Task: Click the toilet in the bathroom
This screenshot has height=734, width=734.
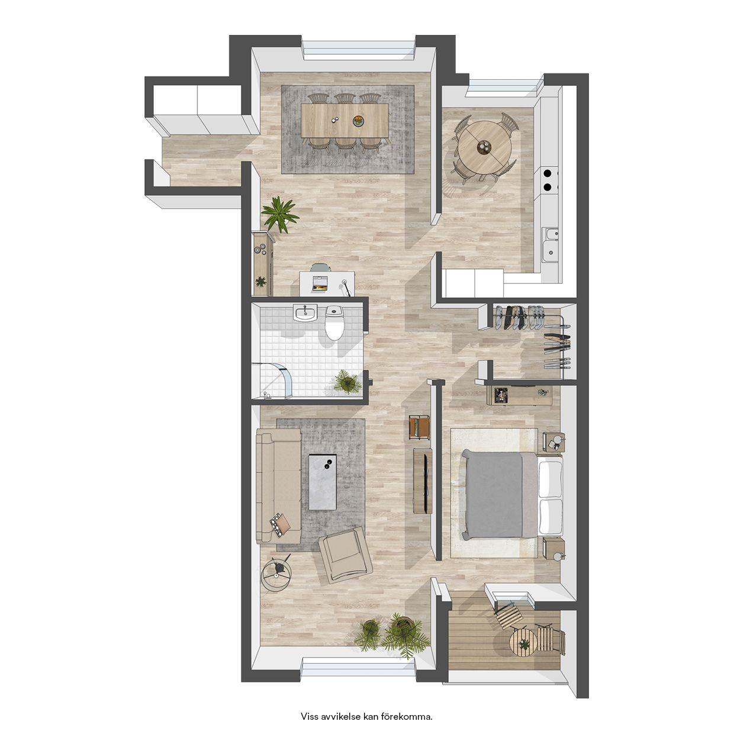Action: pyautogui.click(x=334, y=323)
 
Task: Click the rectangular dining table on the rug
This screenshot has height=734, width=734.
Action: pyautogui.click(x=345, y=120)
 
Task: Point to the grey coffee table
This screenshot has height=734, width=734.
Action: pyautogui.click(x=323, y=482)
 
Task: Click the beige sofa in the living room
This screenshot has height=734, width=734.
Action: pyautogui.click(x=278, y=486)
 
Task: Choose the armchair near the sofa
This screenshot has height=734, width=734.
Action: pyautogui.click(x=345, y=555)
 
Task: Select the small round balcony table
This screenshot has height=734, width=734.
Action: pyautogui.click(x=524, y=642)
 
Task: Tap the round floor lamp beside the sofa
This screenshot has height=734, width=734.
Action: pyautogui.click(x=276, y=575)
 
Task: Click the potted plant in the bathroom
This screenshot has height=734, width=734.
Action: pyautogui.click(x=347, y=382)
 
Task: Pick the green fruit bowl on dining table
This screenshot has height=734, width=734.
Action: pyautogui.click(x=359, y=121)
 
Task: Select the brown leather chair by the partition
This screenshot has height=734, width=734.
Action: pyautogui.click(x=419, y=427)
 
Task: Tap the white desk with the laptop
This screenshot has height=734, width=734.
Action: pyautogui.click(x=327, y=283)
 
